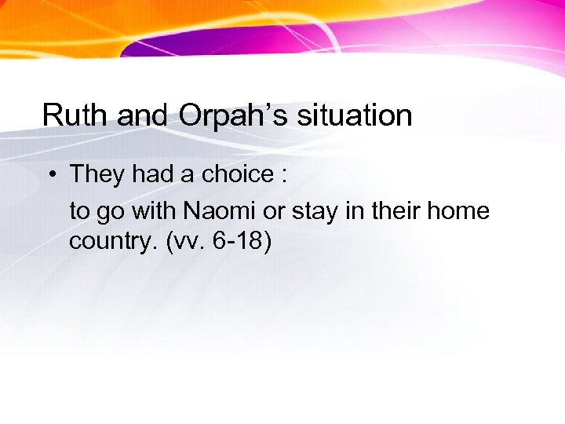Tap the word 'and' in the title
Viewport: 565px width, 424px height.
(x=144, y=115)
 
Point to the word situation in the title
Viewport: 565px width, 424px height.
(x=352, y=115)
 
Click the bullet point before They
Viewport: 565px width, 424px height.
(x=50, y=174)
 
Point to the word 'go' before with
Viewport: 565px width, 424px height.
(x=108, y=213)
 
